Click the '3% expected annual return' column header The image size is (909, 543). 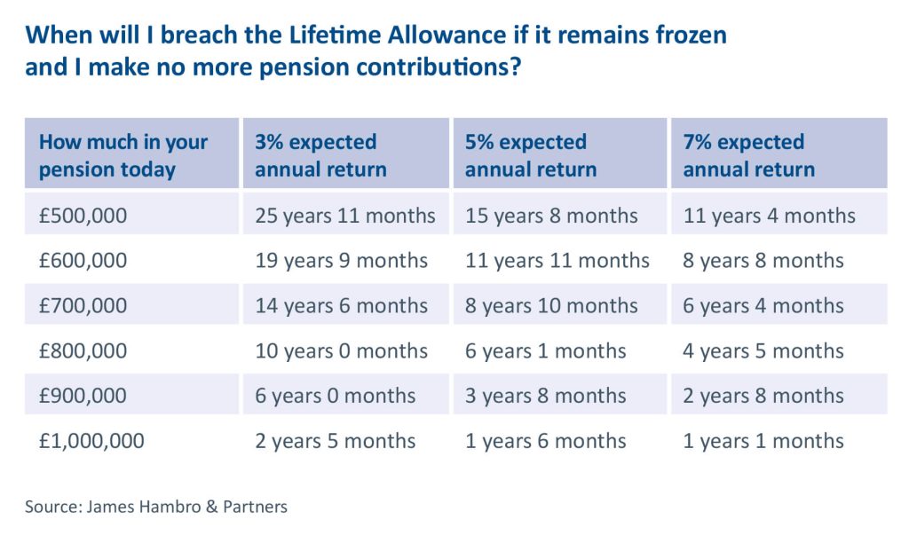[320, 155]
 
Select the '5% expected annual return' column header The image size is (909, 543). [531, 155]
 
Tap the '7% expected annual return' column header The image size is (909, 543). [748, 155]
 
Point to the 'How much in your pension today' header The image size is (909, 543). [123, 155]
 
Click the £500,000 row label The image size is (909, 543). [83, 216]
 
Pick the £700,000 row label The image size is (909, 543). [83, 306]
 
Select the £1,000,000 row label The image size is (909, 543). [91, 441]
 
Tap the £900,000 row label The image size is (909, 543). [83, 396]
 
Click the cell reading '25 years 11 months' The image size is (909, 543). [345, 216]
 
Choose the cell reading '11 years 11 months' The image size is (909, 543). [557, 261]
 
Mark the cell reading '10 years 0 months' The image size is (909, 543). [341, 351]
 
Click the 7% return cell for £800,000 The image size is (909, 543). [763, 351]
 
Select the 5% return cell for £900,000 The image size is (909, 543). [546, 396]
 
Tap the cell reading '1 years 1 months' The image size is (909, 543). [763, 441]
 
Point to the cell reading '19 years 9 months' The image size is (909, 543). [341, 261]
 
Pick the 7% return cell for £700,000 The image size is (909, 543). [763, 306]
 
